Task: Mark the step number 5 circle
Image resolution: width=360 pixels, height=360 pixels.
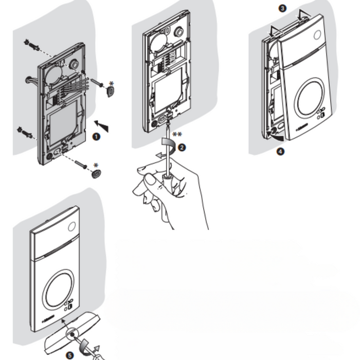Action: (x=69, y=354)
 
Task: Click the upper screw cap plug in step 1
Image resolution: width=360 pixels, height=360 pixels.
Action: (x=111, y=92)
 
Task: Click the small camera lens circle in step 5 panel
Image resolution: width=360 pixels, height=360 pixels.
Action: (x=71, y=228)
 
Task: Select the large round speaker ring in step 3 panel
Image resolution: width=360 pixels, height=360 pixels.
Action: (x=308, y=96)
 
